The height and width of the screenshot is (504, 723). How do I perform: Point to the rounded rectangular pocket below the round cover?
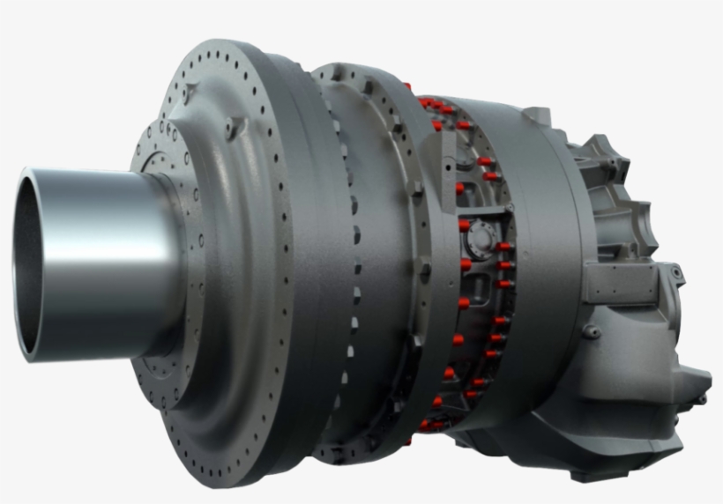(481, 286)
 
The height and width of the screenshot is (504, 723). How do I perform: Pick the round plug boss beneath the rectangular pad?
(590, 332)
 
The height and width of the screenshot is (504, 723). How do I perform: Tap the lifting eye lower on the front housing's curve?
(231, 130)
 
